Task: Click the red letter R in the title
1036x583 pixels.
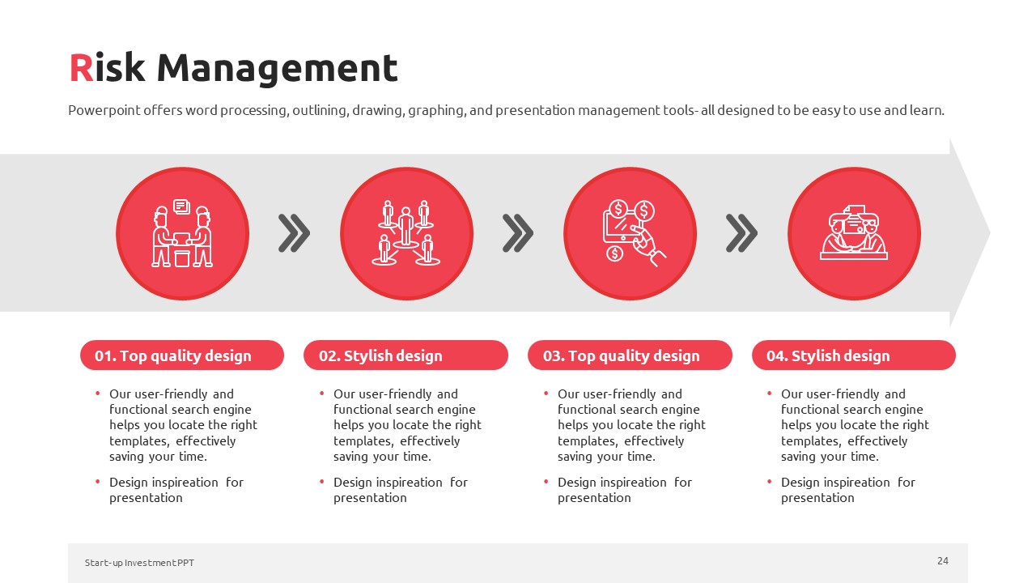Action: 82,68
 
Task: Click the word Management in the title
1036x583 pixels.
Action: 277,70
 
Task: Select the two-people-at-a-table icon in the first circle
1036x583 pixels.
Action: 182,233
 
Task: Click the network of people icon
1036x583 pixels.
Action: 406,232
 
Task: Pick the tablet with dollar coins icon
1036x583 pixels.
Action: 634,232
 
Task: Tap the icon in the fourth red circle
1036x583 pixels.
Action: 854,232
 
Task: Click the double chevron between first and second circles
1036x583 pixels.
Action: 294,233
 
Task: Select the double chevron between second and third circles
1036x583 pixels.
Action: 518,233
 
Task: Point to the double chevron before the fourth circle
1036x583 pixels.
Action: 742,233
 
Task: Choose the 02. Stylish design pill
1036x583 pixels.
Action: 405,355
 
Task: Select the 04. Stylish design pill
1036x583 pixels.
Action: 854,355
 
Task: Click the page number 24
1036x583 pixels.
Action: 943,561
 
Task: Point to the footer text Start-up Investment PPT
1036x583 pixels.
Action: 139,563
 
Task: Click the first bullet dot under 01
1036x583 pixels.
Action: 98,394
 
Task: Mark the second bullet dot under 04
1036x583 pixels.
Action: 770,482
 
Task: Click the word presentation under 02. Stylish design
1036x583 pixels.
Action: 370,498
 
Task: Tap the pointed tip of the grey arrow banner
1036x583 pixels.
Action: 989,232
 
